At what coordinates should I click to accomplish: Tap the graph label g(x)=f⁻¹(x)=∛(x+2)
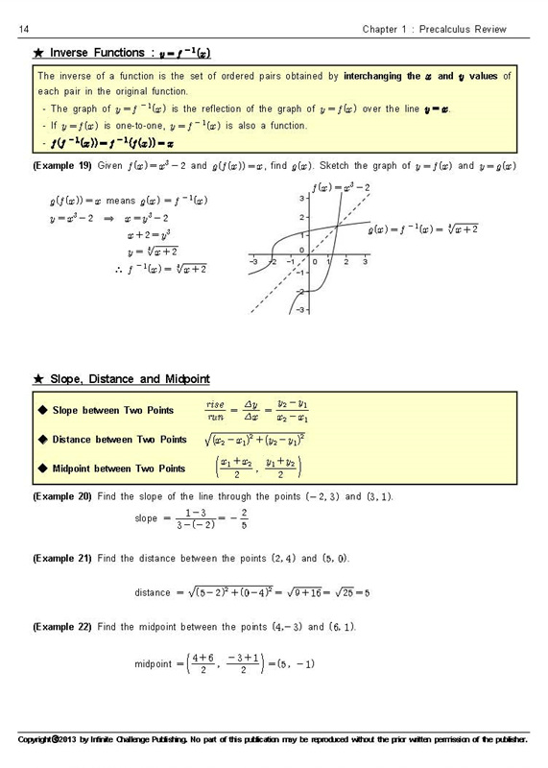pos(426,229)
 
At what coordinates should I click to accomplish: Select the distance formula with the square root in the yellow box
pos(254,440)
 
